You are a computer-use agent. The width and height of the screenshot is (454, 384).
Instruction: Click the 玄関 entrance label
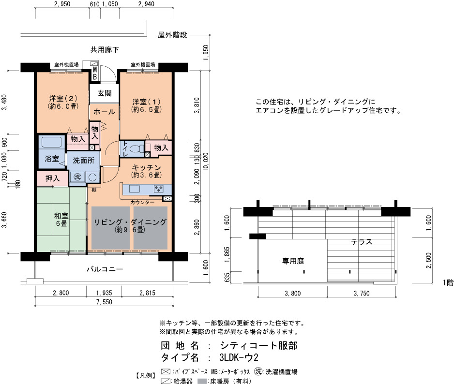click(x=104, y=93)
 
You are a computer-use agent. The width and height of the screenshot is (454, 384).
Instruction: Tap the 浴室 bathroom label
click(x=52, y=159)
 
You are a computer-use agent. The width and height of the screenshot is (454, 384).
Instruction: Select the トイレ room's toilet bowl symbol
click(x=136, y=149)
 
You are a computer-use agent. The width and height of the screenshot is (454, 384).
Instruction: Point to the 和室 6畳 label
click(x=61, y=220)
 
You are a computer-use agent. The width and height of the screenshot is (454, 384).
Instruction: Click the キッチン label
click(x=146, y=167)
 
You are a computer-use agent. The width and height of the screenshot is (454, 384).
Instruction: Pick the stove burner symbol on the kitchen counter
click(x=159, y=189)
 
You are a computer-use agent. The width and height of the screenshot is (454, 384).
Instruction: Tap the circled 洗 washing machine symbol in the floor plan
click(x=77, y=177)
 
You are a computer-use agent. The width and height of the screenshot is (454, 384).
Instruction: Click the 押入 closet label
click(x=52, y=178)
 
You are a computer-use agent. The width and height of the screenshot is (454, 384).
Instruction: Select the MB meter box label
click(x=95, y=74)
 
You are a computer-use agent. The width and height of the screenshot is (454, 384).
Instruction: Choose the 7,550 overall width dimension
click(x=104, y=302)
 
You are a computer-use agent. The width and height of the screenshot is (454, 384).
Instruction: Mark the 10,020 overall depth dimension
click(x=206, y=162)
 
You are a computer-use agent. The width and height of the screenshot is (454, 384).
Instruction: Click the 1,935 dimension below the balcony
click(x=104, y=293)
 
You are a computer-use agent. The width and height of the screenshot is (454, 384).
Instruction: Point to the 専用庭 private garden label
click(x=293, y=261)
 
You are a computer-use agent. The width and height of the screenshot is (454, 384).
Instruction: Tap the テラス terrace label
click(x=362, y=242)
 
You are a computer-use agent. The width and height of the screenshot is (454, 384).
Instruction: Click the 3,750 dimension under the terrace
click(x=362, y=294)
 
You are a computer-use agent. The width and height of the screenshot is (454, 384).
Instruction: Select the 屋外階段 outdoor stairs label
click(x=173, y=35)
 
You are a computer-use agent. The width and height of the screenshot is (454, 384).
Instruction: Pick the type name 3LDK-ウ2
click(x=239, y=357)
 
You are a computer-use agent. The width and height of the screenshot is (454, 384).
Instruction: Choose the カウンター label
click(x=142, y=202)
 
